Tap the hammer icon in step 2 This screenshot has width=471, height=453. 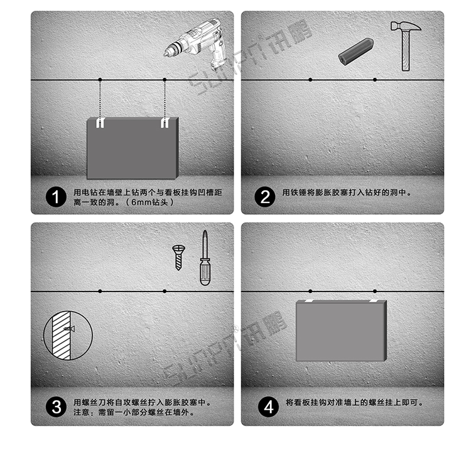pyautogui.click(x=403, y=44)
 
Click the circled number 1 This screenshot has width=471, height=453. pyautogui.click(x=56, y=197)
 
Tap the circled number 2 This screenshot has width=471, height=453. pyautogui.click(x=264, y=197)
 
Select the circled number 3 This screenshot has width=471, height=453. pyautogui.click(x=56, y=407)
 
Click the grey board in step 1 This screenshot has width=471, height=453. pyautogui.click(x=133, y=148)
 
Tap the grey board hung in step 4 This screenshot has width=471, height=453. pyautogui.click(x=341, y=330)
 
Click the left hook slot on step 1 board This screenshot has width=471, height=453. pyautogui.click(x=99, y=123)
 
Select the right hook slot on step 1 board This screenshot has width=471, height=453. pyautogui.click(x=165, y=123)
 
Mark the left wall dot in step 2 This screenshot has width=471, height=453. pyautogui.click(x=310, y=80)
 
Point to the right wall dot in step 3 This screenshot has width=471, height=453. pyautogui.click(x=165, y=291)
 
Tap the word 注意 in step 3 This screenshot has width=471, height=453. pyautogui.click(x=82, y=413)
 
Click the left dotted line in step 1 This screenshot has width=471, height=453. pyautogui.click(x=100, y=99)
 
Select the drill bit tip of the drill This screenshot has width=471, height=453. pyautogui.click(x=168, y=52)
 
